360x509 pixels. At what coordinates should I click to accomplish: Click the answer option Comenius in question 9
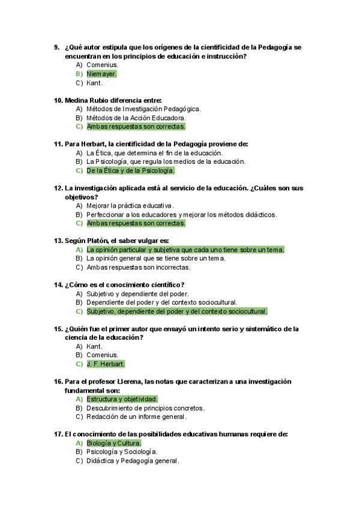click(x=102, y=65)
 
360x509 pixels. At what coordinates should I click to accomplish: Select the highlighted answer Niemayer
click(x=101, y=74)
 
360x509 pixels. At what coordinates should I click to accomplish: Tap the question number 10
click(x=58, y=100)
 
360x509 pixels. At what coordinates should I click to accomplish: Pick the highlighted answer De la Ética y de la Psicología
click(x=130, y=170)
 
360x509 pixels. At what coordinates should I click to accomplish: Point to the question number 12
click(x=58, y=188)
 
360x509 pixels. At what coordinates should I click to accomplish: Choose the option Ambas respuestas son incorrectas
click(x=138, y=267)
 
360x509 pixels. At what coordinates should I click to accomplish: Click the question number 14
click(x=58, y=285)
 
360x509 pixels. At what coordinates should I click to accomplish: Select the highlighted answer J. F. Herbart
click(x=106, y=364)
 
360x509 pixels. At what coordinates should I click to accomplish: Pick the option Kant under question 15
click(x=94, y=346)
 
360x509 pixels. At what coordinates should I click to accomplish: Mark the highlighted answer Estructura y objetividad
click(x=122, y=399)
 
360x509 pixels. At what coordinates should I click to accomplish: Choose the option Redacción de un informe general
click(x=136, y=417)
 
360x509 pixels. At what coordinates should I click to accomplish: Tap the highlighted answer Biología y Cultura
click(x=114, y=443)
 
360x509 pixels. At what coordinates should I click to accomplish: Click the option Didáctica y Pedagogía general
click(x=133, y=460)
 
